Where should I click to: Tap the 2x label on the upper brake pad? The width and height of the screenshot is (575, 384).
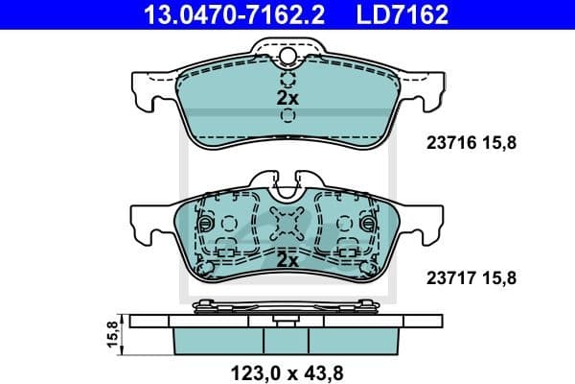[288, 98]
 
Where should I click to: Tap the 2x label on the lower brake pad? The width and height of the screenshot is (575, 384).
[288, 260]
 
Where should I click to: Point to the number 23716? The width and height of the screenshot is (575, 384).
[445, 143]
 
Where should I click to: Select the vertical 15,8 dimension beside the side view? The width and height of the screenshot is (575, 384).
[111, 335]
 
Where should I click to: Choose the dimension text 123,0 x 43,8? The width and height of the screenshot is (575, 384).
[287, 369]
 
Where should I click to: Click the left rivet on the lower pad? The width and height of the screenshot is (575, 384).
[202, 223]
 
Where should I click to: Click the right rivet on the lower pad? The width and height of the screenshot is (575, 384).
[373, 223]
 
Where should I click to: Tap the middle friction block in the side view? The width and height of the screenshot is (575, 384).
[287, 337]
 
